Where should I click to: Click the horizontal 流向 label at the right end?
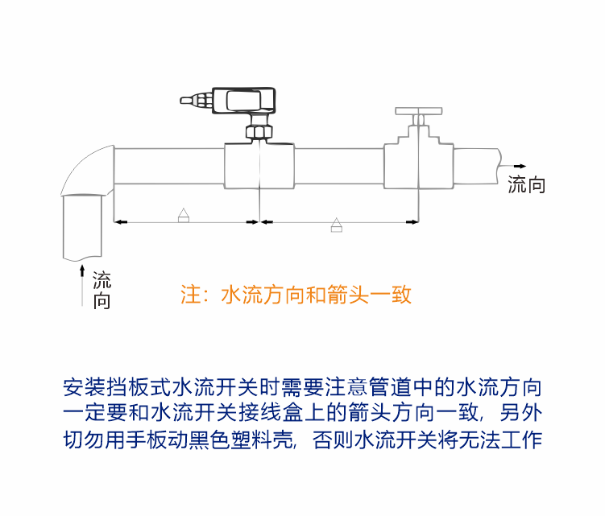tap(527, 186)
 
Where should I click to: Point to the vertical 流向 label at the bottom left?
tap(102, 291)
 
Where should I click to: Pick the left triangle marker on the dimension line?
tap(183, 215)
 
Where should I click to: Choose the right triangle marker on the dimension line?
tap(337, 225)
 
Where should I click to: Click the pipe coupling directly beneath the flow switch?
tap(258, 165)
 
